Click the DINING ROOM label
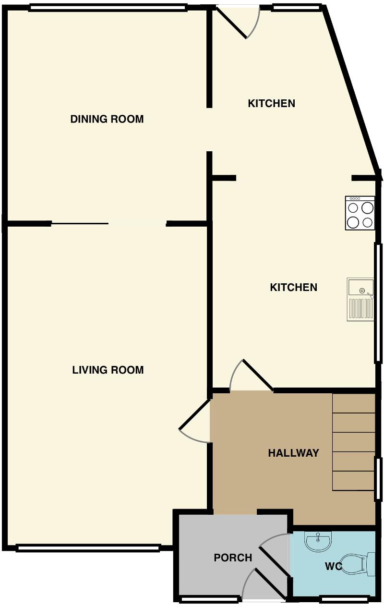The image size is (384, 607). coord(107,119)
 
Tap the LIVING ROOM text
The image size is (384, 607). coord(108,370)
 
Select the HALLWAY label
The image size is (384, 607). coord(293,453)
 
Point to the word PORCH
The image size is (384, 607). coord(233,558)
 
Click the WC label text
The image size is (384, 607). coord(333,566)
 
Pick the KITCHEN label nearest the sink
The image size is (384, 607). coord(293,287)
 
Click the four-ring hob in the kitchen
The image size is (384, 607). coord(360,213)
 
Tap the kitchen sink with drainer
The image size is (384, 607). coord(360,299)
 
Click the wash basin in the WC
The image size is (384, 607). coord(318,541)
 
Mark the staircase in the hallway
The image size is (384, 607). coord(353,442)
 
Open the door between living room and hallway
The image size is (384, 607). coord(194,423)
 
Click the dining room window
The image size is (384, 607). coord(108,8)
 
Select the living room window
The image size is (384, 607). coord(88,548)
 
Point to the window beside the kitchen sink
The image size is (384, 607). coord(378,303)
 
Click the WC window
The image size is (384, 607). coord(344,599)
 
